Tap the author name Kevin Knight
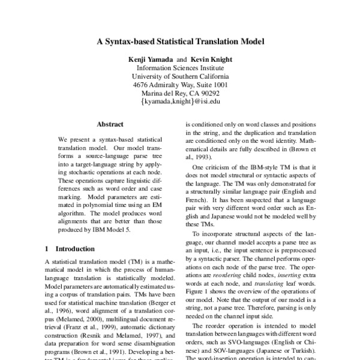point(212,60)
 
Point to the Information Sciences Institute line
point(180,68)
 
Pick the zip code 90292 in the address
point(208,94)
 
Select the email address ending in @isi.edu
point(180,102)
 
